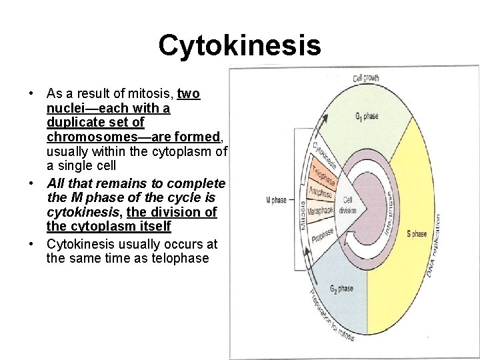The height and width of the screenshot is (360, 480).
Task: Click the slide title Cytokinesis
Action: (x=239, y=46)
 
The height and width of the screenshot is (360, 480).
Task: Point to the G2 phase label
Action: (x=341, y=289)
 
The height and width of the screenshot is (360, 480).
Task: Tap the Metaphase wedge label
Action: (x=320, y=210)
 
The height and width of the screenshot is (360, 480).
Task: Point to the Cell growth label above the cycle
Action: (x=366, y=78)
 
